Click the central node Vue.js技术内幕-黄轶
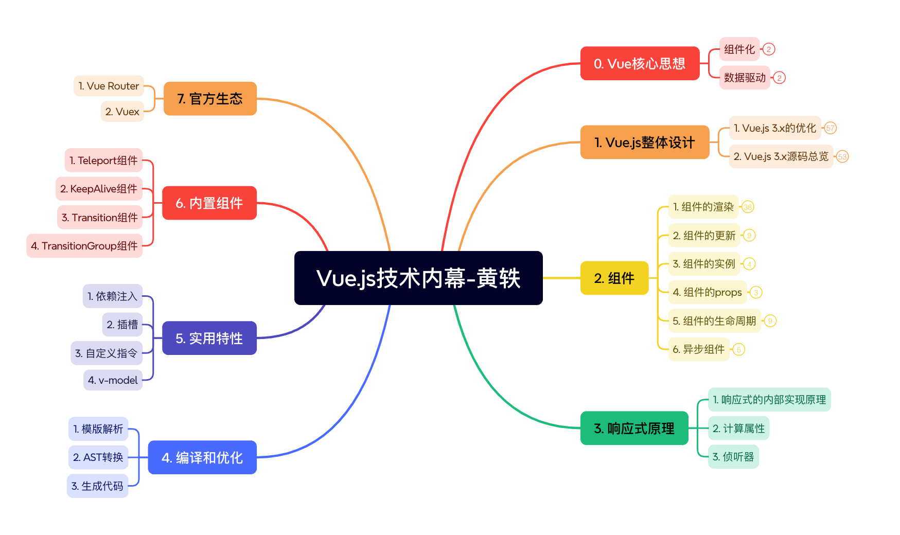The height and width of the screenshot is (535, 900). [418, 278]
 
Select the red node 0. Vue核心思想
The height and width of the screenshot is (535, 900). [640, 64]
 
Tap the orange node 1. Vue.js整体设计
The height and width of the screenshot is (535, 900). [645, 142]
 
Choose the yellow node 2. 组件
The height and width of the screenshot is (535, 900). [614, 278]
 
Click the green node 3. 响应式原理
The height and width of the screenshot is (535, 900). [634, 429]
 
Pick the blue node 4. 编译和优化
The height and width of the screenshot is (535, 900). [202, 457]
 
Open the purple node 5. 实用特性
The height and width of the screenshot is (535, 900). [209, 338]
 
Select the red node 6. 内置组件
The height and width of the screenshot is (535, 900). [209, 203]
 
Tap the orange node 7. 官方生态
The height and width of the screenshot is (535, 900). [210, 99]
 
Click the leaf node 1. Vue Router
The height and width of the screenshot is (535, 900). [109, 86]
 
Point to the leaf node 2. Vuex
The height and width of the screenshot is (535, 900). [122, 112]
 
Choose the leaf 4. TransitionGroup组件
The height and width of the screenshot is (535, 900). [84, 246]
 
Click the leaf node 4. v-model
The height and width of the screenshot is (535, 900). [113, 380]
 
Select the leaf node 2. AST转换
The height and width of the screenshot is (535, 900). [98, 457]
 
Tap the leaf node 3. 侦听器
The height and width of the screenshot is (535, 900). [733, 457]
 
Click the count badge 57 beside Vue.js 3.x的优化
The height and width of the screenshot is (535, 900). [830, 128]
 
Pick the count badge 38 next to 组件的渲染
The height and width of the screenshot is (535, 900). [748, 207]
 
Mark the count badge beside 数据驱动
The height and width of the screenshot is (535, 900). [780, 78]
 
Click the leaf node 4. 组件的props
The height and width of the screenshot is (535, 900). [707, 293]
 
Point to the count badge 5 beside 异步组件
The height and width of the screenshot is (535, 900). [739, 350]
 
